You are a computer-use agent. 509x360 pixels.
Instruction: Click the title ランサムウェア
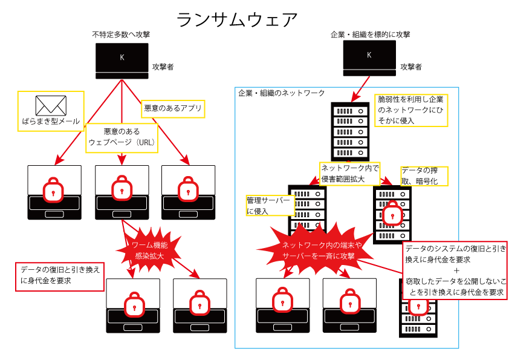[237, 20]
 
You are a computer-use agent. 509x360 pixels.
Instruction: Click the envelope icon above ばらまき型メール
[51, 106]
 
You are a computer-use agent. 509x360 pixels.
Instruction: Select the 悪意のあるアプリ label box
[172, 110]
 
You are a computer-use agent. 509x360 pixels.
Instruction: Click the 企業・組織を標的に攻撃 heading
[370, 34]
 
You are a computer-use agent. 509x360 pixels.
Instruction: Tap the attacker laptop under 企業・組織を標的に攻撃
[369, 58]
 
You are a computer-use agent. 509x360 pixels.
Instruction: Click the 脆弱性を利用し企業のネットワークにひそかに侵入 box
[411, 110]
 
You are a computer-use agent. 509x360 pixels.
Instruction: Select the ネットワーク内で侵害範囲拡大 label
[349, 173]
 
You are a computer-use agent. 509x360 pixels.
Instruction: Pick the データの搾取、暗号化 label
[424, 175]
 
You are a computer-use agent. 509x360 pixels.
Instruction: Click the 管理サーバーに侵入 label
[270, 205]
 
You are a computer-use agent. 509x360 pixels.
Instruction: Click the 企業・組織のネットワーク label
[282, 93]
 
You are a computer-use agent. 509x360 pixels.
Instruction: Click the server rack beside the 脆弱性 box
[350, 131]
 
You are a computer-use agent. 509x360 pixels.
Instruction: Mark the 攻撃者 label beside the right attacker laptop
[411, 66]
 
